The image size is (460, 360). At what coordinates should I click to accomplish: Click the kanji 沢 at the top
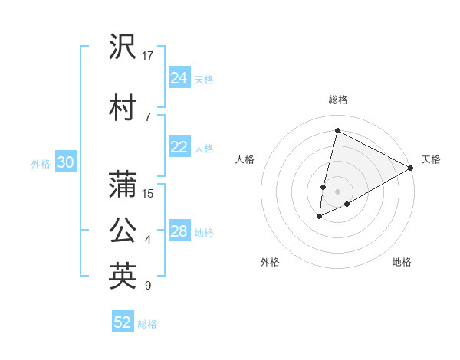pyautogui.click(x=123, y=48)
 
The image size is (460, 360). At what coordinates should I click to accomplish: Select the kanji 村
pyautogui.click(x=123, y=108)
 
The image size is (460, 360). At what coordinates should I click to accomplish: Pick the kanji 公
pyautogui.click(x=123, y=230)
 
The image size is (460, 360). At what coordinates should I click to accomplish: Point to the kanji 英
pyautogui.click(x=123, y=277)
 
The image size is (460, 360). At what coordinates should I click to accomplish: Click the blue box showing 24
pyautogui.click(x=179, y=77)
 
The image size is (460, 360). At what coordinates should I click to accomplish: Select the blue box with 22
pyautogui.click(x=179, y=148)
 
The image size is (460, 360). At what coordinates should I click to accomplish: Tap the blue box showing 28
pyautogui.click(x=179, y=231)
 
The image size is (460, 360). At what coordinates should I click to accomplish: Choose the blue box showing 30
pyautogui.click(x=66, y=162)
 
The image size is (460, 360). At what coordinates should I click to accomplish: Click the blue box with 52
pyautogui.click(x=123, y=322)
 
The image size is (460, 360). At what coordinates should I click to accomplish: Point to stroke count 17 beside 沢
pyautogui.click(x=148, y=55)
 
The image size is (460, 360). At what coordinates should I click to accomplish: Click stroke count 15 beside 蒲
pyautogui.click(x=148, y=193)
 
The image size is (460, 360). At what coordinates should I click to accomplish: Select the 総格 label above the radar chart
pyautogui.click(x=338, y=100)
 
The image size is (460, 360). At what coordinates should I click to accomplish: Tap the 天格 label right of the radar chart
pyautogui.click(x=431, y=159)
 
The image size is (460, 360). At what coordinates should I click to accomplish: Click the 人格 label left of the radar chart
pyautogui.click(x=245, y=159)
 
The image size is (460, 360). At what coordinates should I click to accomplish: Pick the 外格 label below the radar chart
pyautogui.click(x=270, y=263)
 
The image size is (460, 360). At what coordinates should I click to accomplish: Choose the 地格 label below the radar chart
pyautogui.click(x=402, y=263)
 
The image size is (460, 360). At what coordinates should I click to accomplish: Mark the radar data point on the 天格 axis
pyautogui.click(x=411, y=168)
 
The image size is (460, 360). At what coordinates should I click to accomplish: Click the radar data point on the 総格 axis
pyautogui.click(x=337, y=131)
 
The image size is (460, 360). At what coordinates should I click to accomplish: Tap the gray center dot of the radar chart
pyautogui.click(x=337, y=191)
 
